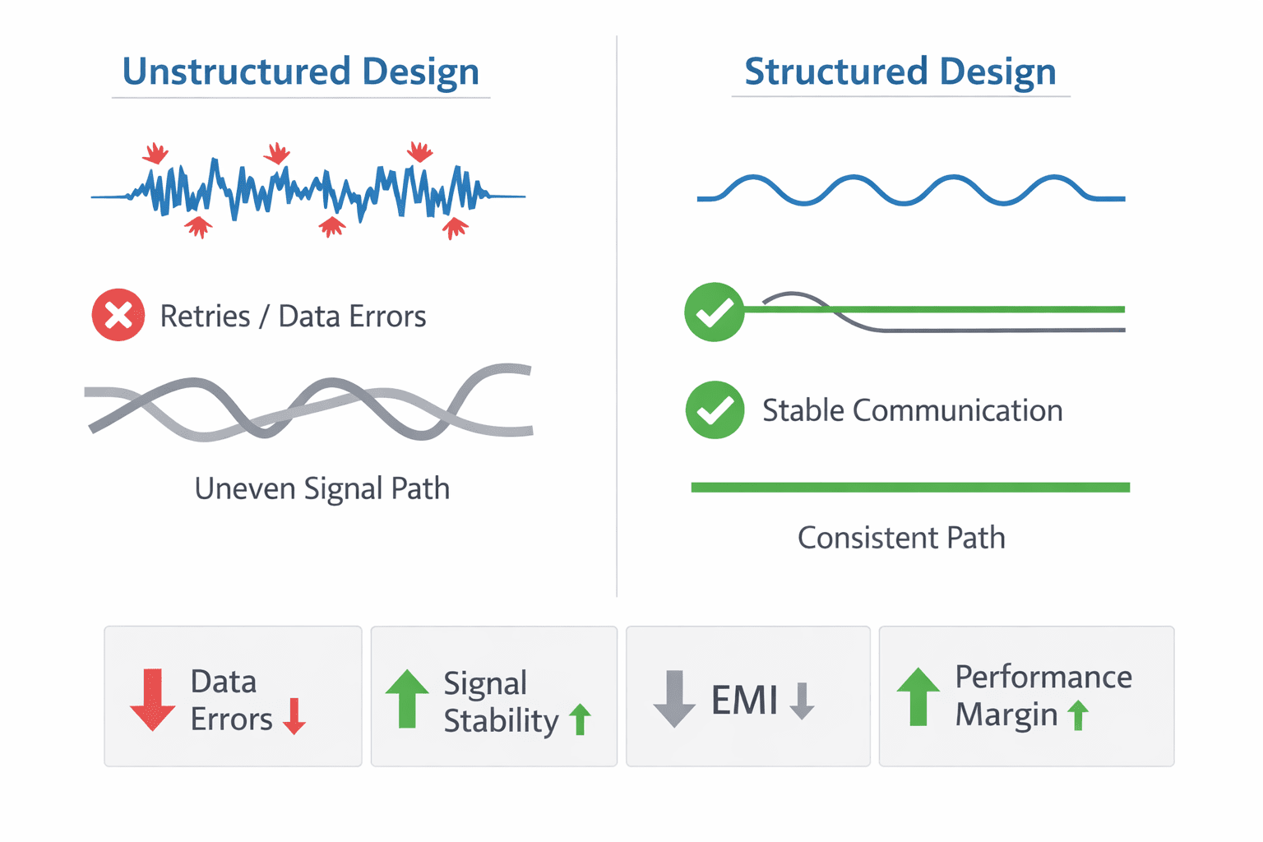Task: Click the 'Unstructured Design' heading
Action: pos(300,72)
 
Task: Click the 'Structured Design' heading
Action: pos(900,72)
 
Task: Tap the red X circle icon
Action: pos(118,315)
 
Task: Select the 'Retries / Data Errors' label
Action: pos(294,316)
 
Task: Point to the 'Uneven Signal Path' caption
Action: pos(322,488)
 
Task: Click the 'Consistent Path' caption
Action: pos(901,538)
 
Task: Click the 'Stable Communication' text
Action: pos(912,410)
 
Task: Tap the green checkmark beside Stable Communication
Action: pos(715,410)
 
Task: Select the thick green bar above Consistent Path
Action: pos(910,488)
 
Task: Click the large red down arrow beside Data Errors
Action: pos(152,700)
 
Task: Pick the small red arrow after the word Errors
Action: pos(294,716)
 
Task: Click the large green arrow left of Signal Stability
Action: pos(407,699)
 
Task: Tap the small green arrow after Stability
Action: pos(581,719)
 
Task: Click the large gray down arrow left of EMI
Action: pos(674,699)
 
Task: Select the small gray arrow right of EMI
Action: pos(802,701)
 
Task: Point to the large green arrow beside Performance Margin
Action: pos(918,696)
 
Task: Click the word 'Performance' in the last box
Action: pos(1043,677)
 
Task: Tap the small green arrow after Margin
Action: pos(1078,715)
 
